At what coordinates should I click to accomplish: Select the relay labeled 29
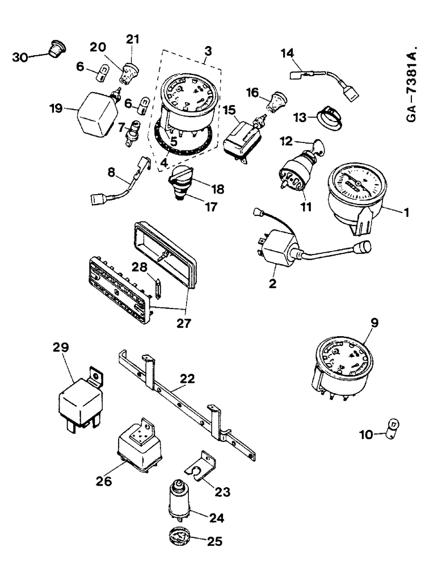tap(81, 402)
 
